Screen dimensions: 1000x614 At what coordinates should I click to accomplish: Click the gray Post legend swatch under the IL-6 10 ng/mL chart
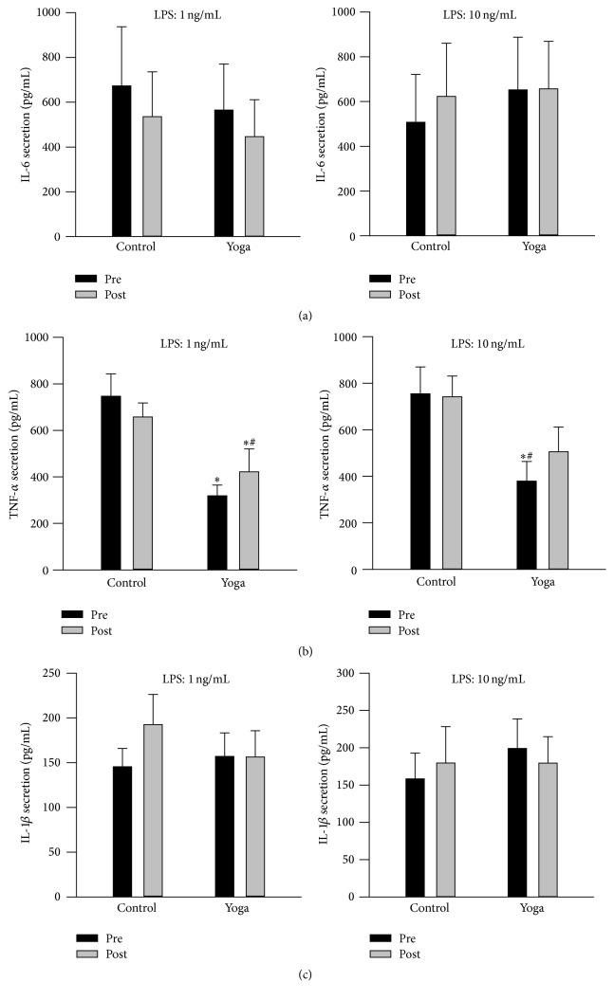coord(379,295)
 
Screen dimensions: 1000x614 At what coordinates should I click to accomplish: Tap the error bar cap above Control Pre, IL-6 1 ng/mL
coord(121,27)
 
